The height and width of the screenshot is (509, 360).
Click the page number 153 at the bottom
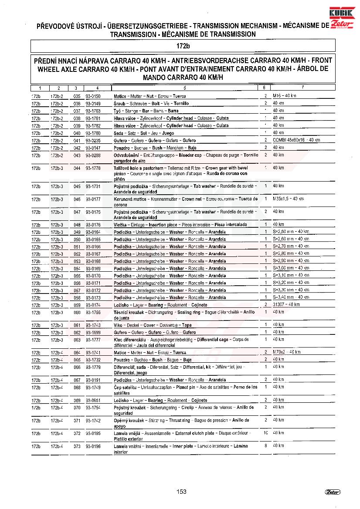[181, 492]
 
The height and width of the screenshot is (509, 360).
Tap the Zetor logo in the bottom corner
[333, 492]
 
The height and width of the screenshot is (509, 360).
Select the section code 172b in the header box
[183, 46]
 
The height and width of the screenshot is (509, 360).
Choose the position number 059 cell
[77, 305]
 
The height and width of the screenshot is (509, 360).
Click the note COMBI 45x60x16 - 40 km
[296, 140]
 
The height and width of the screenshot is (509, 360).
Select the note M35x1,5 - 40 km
[289, 199]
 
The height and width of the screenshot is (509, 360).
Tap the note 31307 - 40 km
[286, 305]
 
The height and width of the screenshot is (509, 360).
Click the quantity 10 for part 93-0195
[265, 433]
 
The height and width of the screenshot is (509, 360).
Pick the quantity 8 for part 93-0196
[265, 446]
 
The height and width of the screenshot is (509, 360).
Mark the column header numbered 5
[185, 88]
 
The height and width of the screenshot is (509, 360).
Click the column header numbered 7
[302, 88]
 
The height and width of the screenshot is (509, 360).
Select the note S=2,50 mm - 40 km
[291, 232]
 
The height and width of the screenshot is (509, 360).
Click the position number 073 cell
[77, 446]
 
